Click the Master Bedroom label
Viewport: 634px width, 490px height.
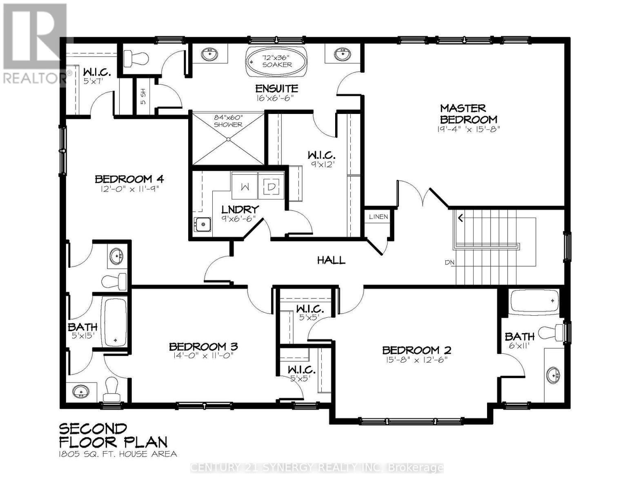coord(469,114)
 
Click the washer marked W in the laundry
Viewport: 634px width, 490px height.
coord(245,187)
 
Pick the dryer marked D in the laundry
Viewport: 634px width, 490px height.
coord(271,187)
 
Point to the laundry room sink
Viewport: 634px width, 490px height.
coord(202,224)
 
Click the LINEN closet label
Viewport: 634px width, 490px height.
coord(378,217)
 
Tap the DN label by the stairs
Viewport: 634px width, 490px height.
coord(449,263)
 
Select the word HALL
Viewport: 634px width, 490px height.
coord(331,260)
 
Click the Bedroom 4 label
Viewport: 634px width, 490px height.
coord(129,179)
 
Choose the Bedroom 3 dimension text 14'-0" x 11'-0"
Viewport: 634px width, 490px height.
coord(203,356)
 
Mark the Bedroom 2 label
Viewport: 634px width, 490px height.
coord(416,350)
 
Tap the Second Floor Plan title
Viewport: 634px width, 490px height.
coord(113,435)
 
